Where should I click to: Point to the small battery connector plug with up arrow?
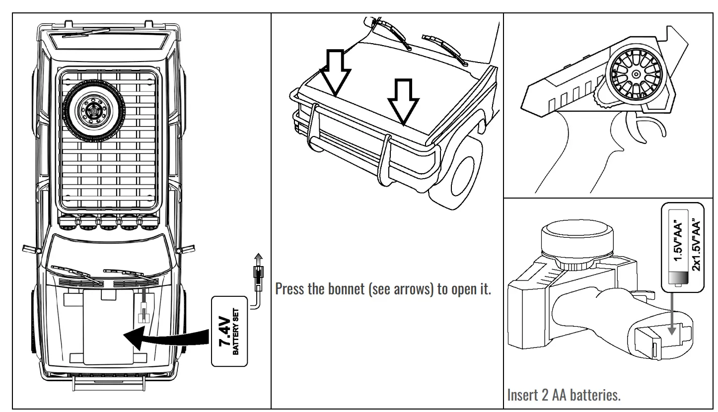pos(258,273)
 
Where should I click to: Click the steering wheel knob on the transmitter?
pos(635,74)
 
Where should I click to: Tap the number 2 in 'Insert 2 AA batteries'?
pos(541,396)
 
